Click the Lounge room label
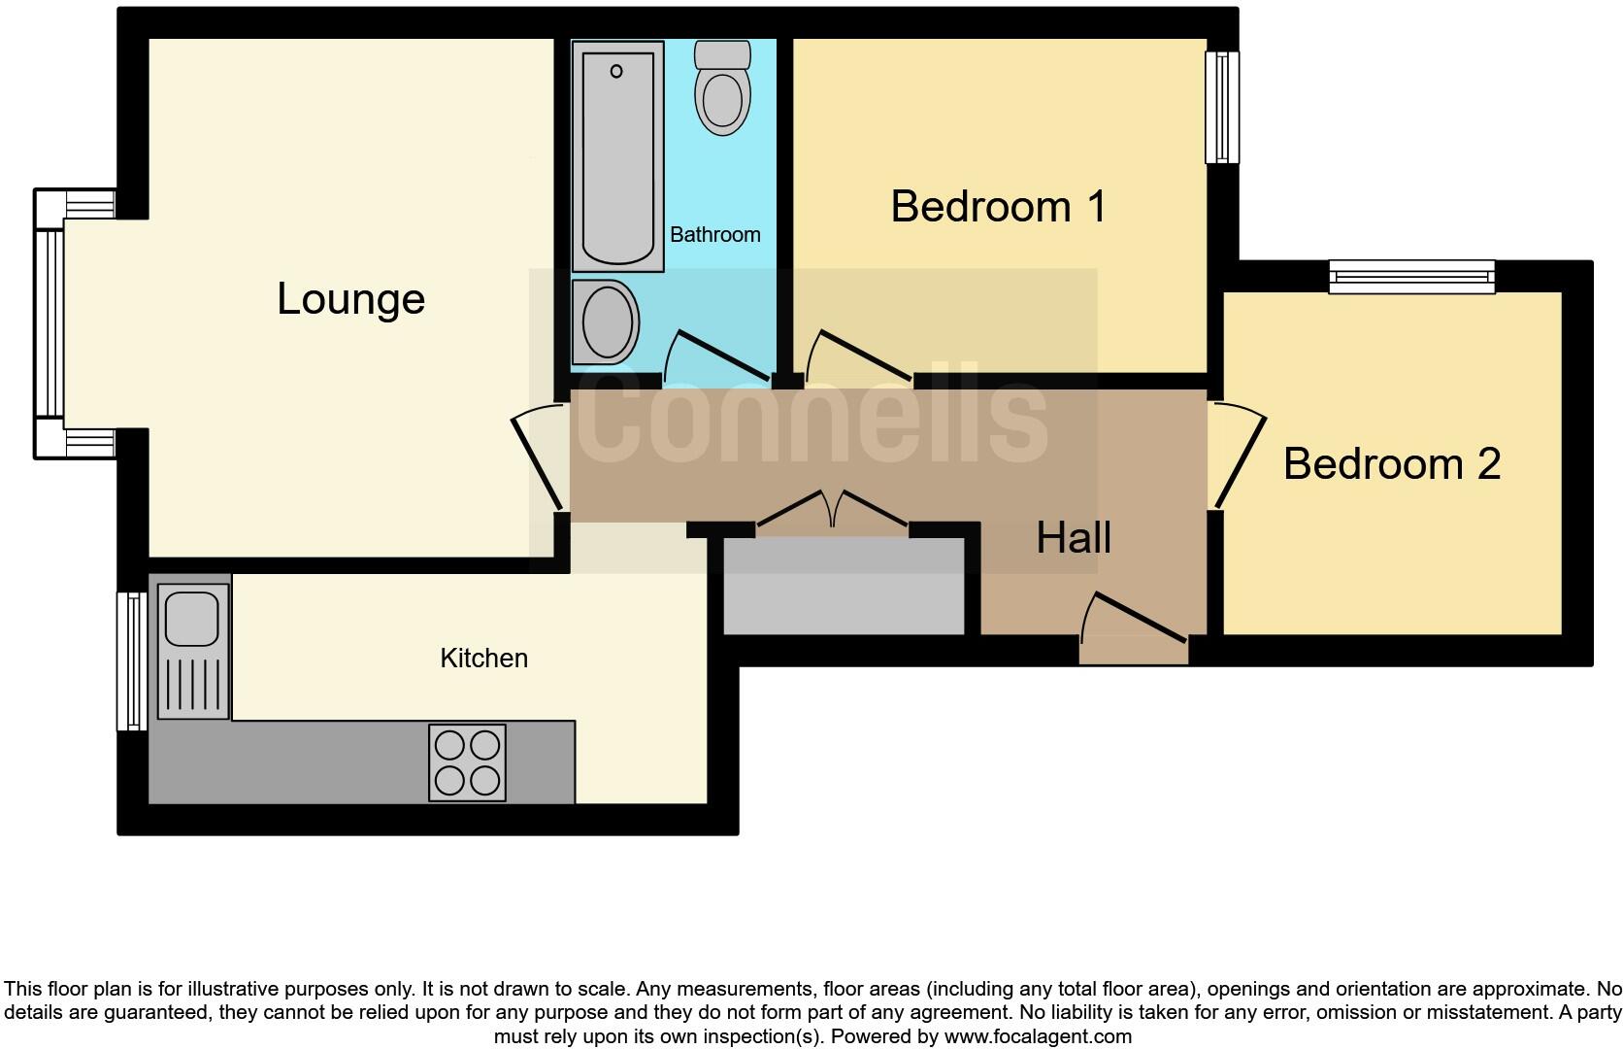350,299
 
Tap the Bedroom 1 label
999,207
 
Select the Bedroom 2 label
1392,464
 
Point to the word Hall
1073,538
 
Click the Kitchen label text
484,659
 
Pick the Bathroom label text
715,235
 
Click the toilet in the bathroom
722,87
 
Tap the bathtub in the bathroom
618,155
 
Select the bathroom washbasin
606,321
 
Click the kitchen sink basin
192,619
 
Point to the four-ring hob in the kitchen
467,762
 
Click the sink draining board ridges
193,684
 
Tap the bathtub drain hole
616,71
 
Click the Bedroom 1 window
1222,107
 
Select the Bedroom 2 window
1411,277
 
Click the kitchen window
132,661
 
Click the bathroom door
716,355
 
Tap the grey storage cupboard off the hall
845,586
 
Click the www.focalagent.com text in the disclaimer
1039,1036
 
